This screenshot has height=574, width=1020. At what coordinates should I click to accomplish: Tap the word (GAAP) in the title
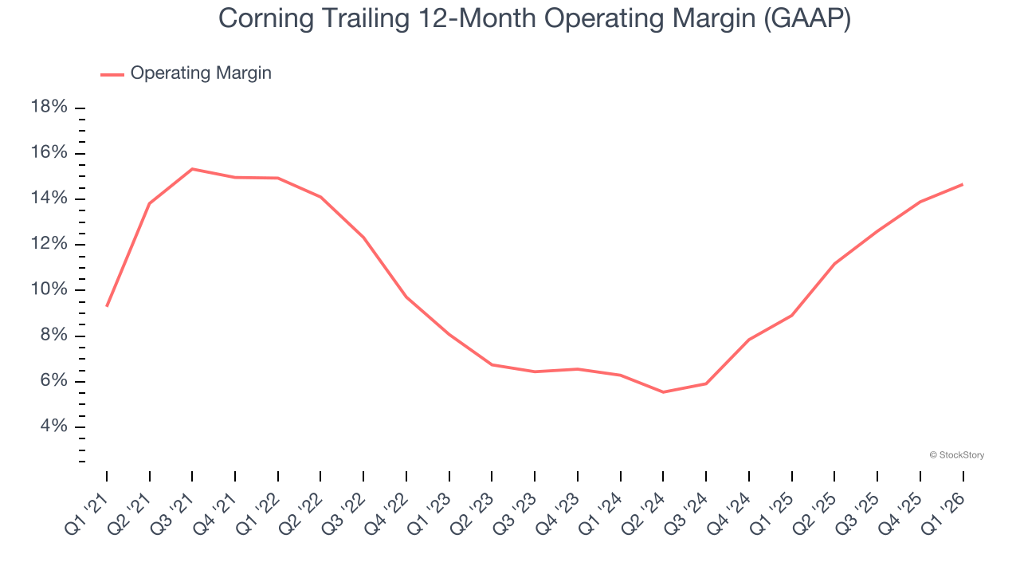[806, 19]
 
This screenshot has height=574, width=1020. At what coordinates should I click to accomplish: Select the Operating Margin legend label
[201, 73]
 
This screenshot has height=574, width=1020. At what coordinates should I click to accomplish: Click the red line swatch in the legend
[112, 74]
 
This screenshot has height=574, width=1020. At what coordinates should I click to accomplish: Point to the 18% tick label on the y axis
[49, 108]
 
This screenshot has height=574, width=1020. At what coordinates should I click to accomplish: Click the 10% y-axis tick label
[49, 289]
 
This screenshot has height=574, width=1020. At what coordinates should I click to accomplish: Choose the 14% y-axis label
[49, 199]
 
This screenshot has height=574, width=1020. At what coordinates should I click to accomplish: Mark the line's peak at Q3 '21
[192, 169]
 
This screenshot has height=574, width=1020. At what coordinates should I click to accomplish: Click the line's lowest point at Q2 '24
[663, 392]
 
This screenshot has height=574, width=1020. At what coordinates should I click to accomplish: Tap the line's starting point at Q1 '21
[107, 305]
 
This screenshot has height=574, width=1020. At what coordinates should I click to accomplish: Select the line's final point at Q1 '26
[963, 184]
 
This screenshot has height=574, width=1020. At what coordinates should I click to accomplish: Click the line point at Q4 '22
[406, 297]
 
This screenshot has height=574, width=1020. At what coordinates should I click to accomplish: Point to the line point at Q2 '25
[834, 264]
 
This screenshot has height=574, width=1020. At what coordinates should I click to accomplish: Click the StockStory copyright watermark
[956, 455]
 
